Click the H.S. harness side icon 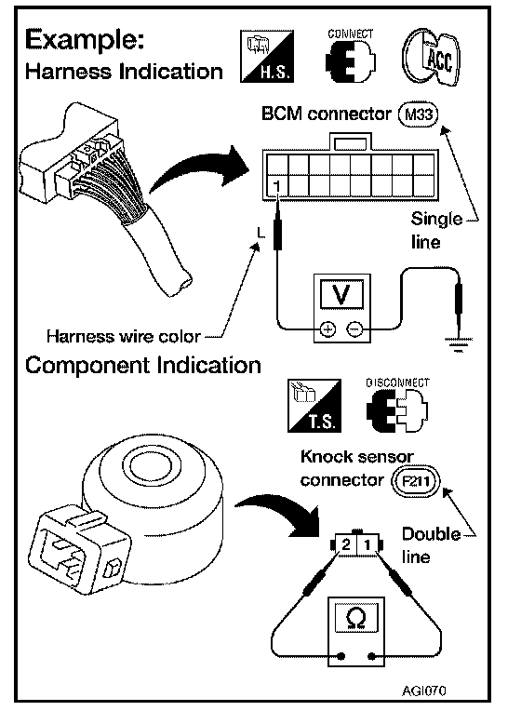point(267,56)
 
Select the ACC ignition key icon point(431,57)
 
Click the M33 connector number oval point(418,114)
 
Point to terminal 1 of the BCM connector point(277,186)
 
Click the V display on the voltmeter point(341,294)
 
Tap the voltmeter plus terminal point(327,329)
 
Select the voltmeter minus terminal point(354,329)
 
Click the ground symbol point(459,344)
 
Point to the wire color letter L point(260,233)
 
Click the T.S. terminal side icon point(314,406)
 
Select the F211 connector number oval point(415,481)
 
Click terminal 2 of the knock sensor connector point(346,543)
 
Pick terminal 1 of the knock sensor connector point(367,543)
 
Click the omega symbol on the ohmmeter point(356,617)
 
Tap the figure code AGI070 point(424,691)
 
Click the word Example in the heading point(85,41)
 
